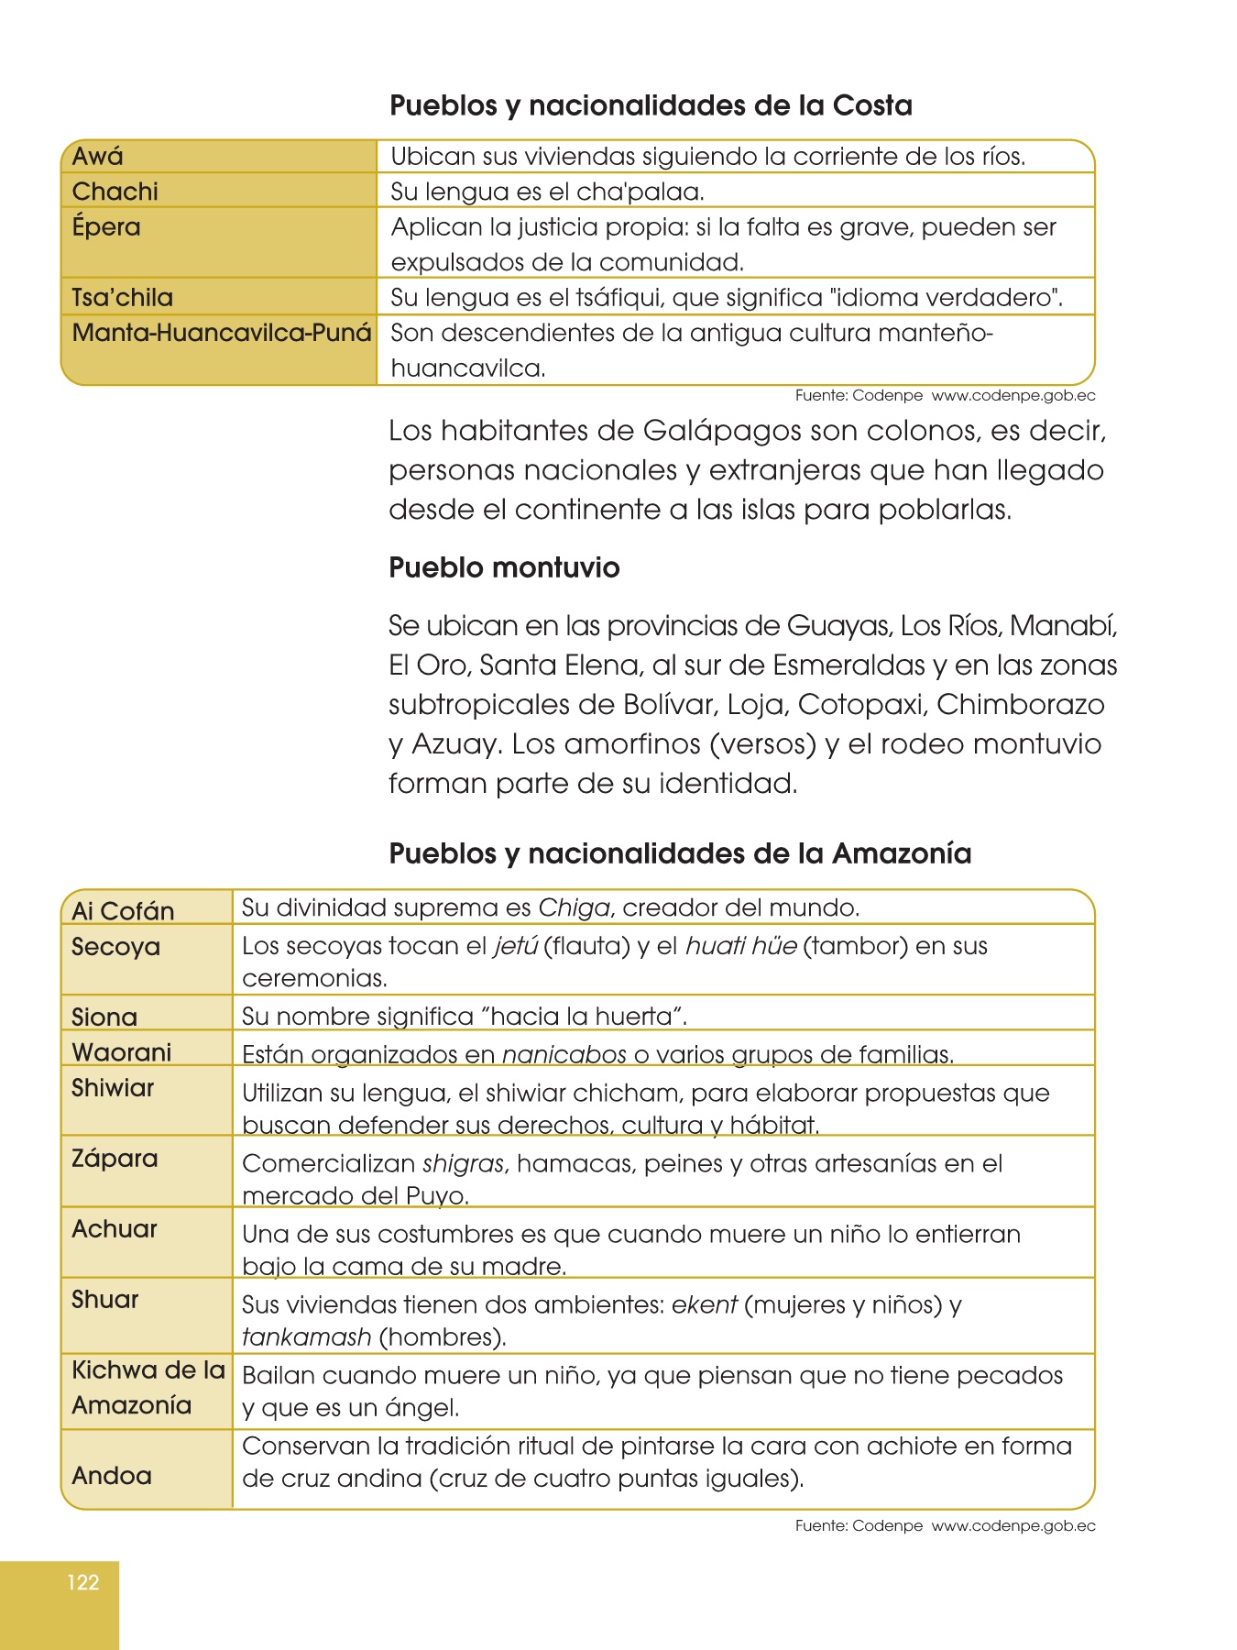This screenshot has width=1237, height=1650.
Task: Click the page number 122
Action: (x=82, y=1582)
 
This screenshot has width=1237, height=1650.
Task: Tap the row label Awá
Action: (x=97, y=157)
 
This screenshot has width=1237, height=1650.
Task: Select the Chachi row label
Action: (x=115, y=192)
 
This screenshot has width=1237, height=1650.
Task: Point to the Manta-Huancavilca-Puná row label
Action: (x=222, y=333)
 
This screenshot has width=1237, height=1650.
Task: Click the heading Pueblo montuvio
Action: (x=504, y=567)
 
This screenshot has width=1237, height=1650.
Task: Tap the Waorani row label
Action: (x=121, y=1052)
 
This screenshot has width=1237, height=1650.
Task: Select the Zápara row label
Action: (x=115, y=1159)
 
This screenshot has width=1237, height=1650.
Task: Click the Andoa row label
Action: (x=112, y=1476)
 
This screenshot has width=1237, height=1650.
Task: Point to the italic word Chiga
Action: (x=574, y=908)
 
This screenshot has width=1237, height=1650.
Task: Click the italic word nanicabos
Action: (x=564, y=1055)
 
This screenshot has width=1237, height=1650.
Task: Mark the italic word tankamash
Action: (x=306, y=1337)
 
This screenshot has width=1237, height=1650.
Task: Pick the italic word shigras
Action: (x=463, y=1164)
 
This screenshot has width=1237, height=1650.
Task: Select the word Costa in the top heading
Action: (x=871, y=105)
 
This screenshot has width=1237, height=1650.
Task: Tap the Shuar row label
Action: (x=105, y=1300)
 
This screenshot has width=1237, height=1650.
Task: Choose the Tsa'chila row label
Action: (x=122, y=298)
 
